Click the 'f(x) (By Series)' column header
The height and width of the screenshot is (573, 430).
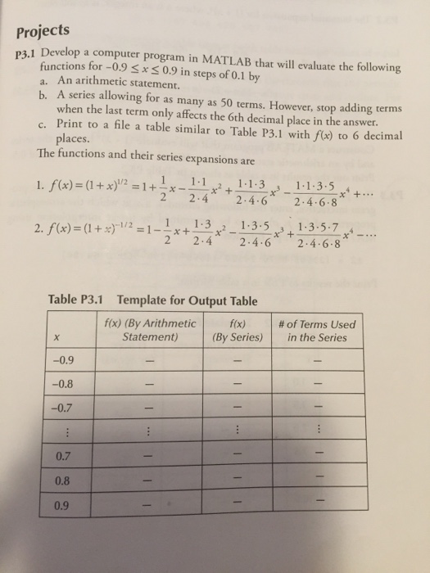pyautogui.click(x=235, y=329)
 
